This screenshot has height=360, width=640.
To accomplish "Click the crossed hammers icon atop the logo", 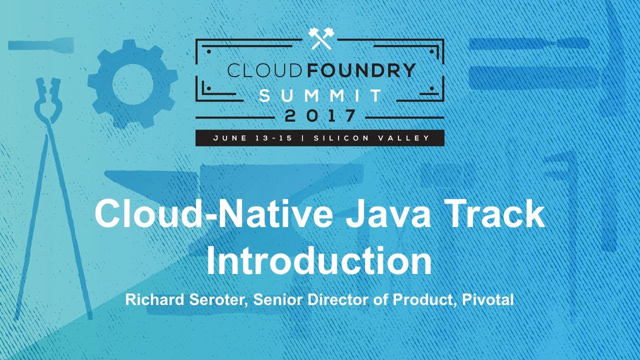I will (x=319, y=38).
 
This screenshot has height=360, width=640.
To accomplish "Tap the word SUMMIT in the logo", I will (x=320, y=94).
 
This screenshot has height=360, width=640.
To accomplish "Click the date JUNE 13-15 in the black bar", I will (x=255, y=138).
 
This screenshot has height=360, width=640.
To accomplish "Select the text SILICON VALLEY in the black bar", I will (x=371, y=138).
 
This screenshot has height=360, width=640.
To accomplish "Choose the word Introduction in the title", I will (x=319, y=260).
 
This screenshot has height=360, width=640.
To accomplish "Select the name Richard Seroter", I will (x=186, y=300).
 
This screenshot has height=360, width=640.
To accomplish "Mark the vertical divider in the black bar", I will (x=303, y=138).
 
